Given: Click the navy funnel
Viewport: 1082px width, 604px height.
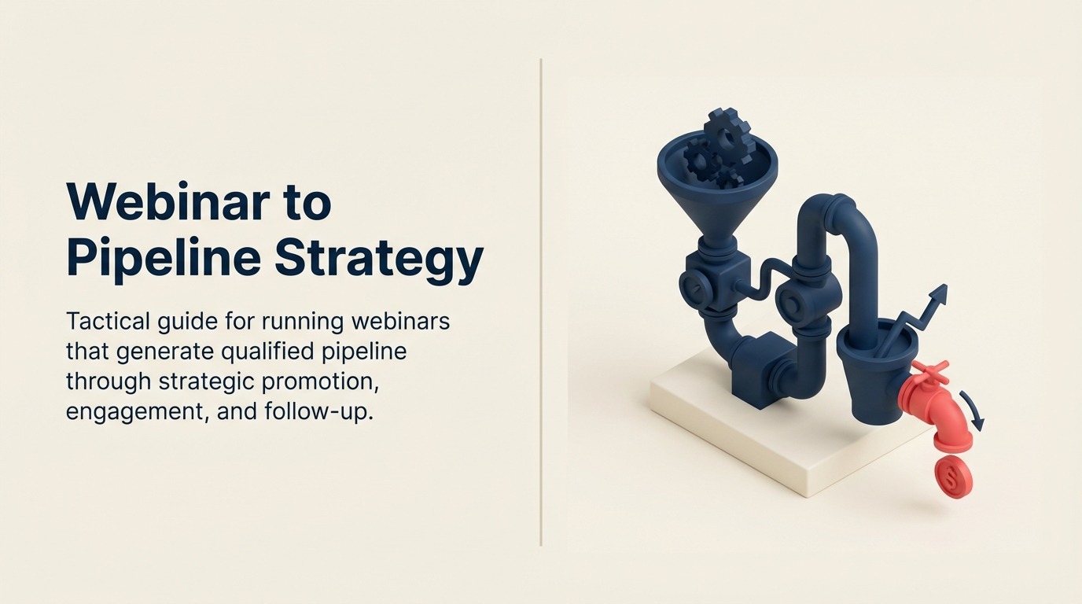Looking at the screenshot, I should click(x=716, y=189).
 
